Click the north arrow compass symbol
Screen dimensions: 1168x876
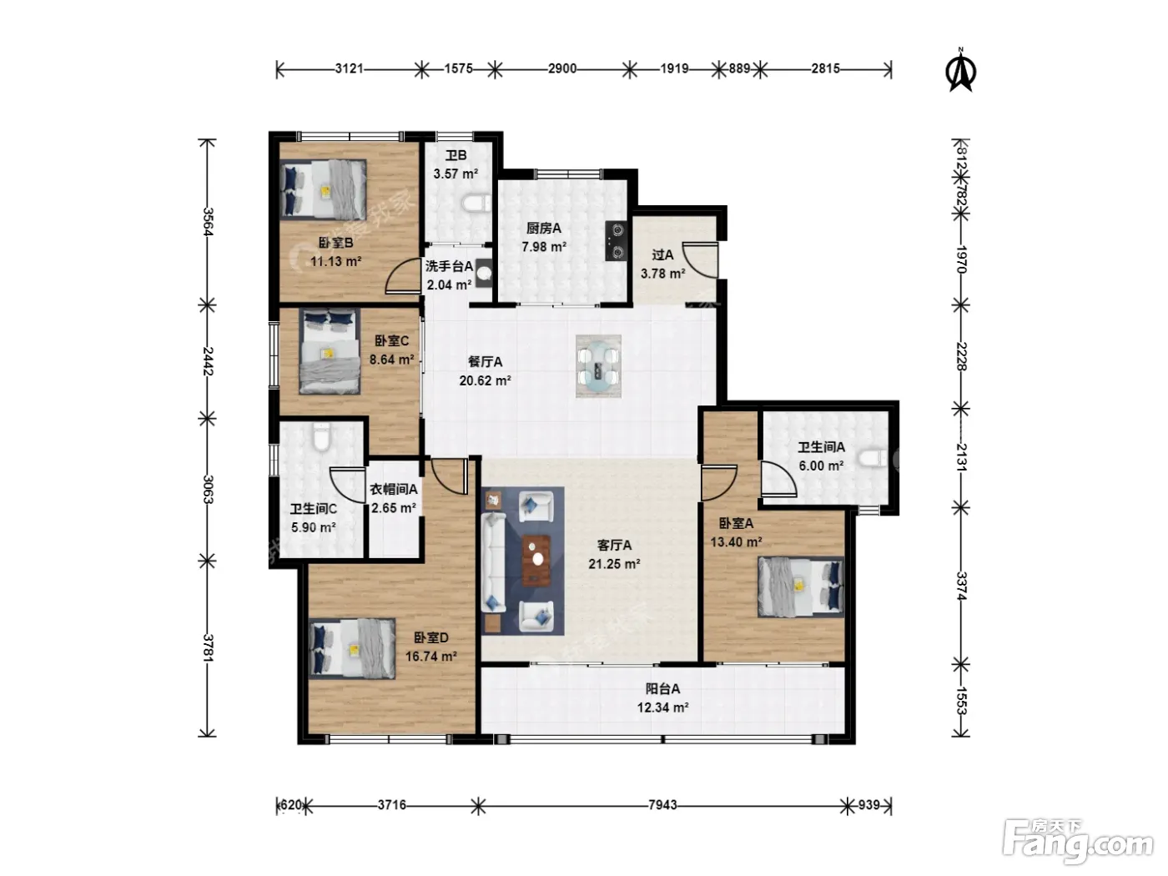[960, 70]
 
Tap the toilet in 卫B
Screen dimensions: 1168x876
[476, 204]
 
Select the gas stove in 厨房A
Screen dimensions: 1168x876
[617, 241]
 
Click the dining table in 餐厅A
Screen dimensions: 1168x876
[598, 366]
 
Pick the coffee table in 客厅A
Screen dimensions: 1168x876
[536, 561]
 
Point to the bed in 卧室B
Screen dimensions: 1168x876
[324, 189]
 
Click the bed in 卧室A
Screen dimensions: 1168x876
[801, 587]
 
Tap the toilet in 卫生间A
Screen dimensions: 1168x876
[873, 458]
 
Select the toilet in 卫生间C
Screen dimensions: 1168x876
[322, 436]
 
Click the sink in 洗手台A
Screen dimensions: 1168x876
[484, 273]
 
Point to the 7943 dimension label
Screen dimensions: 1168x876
[662, 805]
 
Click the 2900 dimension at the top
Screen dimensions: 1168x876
[562, 68]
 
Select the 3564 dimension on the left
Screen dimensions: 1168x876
[208, 222]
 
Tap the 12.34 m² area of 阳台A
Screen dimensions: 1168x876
[662, 707]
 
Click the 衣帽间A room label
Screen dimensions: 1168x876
[394, 489]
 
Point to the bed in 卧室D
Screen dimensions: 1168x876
[352, 648]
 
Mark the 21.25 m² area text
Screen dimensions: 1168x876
[614, 564]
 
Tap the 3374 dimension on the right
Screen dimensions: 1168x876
[961, 587]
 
